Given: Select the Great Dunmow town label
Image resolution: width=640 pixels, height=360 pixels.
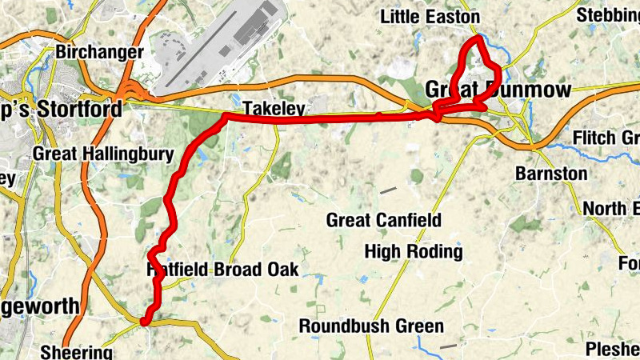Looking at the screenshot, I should click(498, 89).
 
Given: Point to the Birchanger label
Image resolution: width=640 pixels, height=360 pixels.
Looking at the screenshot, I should click(100, 53).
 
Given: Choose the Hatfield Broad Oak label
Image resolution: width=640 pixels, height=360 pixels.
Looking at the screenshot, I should click(223, 270).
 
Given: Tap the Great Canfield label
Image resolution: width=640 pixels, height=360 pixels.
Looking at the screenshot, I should click(383, 220).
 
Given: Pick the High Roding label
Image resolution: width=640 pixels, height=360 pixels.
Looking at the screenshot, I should click(413, 252).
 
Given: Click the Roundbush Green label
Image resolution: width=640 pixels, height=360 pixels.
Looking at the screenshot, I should click(371, 326).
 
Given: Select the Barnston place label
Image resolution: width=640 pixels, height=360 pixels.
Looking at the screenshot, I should click(551, 174).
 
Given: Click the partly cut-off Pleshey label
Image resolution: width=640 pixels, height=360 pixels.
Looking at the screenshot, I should click(612, 349).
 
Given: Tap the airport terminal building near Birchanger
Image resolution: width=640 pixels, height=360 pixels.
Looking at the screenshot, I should click(254, 28).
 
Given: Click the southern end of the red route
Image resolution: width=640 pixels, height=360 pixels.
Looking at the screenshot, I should click(145, 322).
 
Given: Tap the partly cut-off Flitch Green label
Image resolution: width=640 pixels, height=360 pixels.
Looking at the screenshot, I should click(606, 138).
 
